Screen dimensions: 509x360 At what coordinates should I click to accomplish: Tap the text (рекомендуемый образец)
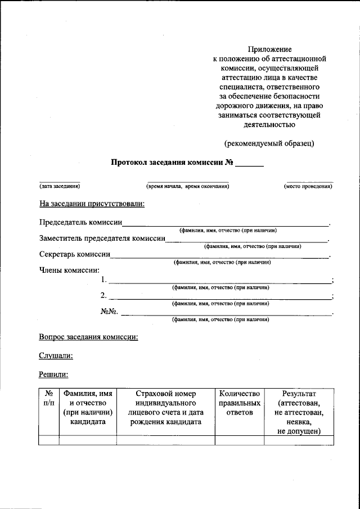(269, 143)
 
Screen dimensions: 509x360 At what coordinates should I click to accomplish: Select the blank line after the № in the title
(249, 165)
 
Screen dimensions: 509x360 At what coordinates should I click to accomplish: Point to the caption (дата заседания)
(59, 186)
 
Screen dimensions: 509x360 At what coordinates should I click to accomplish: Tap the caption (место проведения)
(308, 186)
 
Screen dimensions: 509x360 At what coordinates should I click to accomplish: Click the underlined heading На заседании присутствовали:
(92, 203)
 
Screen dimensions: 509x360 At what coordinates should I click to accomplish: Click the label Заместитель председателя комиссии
(102, 238)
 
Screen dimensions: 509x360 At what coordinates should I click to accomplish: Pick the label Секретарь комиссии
(75, 254)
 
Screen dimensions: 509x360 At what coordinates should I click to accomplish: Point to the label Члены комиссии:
(69, 270)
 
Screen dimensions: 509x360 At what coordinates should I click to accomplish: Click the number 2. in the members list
(103, 295)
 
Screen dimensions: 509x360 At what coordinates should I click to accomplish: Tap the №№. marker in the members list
(108, 311)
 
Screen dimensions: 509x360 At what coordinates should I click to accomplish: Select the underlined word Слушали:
(56, 355)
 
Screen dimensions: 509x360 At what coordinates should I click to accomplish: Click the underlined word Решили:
(53, 373)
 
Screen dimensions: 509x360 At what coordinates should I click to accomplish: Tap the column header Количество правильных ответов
(240, 403)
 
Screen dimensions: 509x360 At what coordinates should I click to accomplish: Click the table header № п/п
(49, 399)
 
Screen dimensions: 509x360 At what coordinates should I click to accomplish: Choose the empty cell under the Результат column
(299, 440)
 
